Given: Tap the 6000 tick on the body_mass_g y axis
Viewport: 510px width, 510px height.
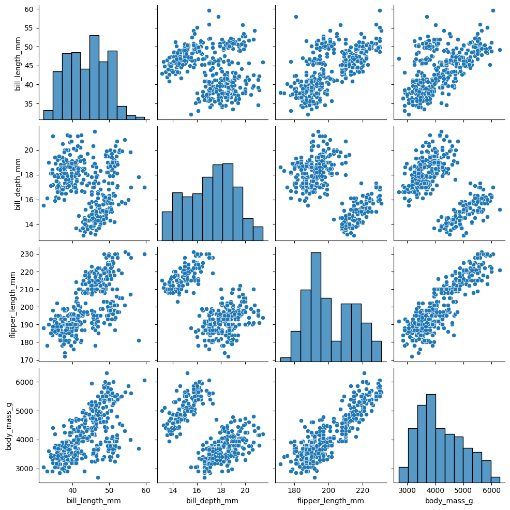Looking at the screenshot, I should coord(25,382).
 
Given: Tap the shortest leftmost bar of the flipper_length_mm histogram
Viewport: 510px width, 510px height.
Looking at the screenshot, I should coord(286,359).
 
